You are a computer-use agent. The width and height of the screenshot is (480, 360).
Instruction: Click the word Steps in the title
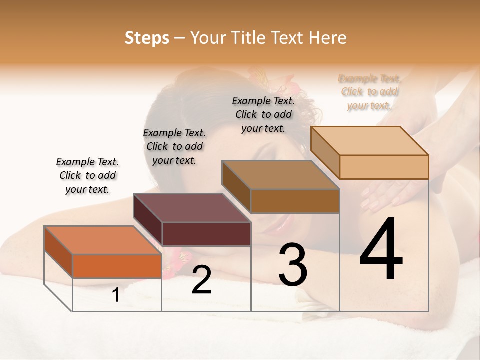147,38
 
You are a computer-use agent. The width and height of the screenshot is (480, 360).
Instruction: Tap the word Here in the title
327,38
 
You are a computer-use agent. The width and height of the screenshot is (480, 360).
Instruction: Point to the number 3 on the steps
293,265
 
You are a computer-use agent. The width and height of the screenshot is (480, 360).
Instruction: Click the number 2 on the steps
201,280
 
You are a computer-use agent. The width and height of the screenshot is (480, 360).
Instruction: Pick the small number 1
116,295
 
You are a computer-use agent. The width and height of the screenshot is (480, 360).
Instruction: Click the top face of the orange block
103,240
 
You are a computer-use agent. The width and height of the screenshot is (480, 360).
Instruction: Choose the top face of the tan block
370,141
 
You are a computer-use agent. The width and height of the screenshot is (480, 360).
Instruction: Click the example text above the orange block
87,175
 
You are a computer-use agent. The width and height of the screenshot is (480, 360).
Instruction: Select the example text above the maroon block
174,146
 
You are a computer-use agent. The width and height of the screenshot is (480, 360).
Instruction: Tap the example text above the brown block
263,114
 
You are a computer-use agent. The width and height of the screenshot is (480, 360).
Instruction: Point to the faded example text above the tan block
370,92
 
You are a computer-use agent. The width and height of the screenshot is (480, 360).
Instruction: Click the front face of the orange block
117,266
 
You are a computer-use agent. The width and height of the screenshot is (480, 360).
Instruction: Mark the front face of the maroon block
206,234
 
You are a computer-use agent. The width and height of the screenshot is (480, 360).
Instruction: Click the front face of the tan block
384,167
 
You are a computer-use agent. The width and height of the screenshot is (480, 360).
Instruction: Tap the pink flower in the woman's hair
292,89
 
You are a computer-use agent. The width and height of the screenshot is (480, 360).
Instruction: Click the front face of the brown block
295,201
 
